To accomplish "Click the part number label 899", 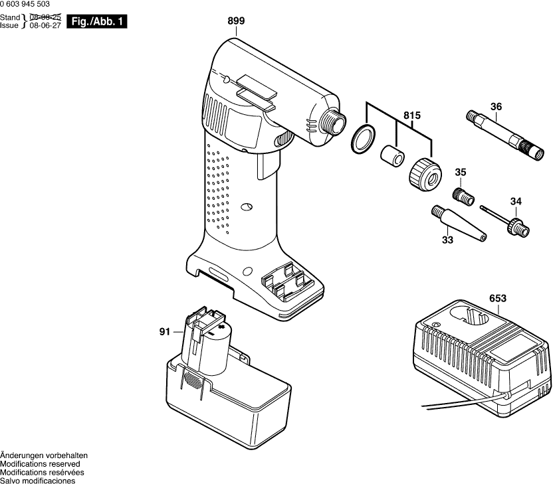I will pyautogui.click(x=236, y=21).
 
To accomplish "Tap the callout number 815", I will pyautogui.click(x=412, y=116).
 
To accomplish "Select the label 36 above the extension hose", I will pyautogui.click(x=496, y=106).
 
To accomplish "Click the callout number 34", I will pyautogui.click(x=516, y=202).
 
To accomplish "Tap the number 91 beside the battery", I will pyautogui.click(x=165, y=331).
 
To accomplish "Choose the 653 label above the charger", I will pyautogui.click(x=497, y=298).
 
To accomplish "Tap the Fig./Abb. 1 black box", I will pyautogui.click(x=97, y=23).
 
